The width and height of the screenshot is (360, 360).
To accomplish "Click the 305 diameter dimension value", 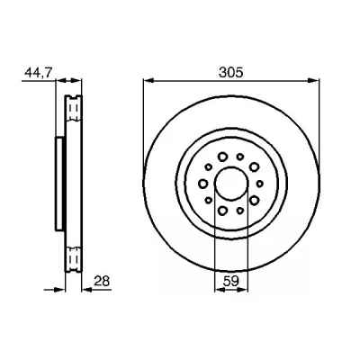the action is (230, 73).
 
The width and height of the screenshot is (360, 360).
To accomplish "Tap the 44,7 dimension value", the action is (39, 73).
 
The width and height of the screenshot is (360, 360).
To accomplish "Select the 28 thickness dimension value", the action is (102, 282).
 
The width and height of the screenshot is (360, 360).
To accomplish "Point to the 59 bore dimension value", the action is (230, 282).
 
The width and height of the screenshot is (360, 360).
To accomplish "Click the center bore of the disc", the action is (231, 183).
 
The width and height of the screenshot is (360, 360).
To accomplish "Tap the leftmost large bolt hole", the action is (203, 183).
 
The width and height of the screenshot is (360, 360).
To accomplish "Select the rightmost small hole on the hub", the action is (259, 184).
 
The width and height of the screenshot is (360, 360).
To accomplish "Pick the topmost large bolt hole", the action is (222, 157).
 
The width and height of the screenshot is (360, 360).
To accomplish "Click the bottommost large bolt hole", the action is (222, 211).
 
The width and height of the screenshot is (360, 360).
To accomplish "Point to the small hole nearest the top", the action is (240, 157).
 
